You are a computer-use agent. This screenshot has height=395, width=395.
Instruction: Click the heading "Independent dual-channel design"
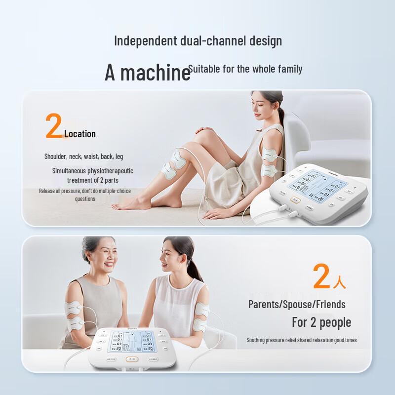point(198,40)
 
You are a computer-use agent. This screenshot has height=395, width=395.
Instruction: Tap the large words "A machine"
point(147,73)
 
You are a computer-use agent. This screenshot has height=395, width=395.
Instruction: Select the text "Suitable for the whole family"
point(245,69)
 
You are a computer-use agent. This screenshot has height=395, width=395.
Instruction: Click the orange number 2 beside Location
point(54,126)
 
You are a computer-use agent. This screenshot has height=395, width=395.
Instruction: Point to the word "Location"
point(80,134)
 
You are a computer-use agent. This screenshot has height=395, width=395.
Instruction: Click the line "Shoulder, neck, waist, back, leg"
point(84,157)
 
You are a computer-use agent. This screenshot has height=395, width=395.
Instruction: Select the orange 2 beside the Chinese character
point(321,276)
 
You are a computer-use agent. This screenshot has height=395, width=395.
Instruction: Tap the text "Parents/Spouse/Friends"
point(297,304)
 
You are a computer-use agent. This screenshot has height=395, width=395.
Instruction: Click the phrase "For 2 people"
point(321,322)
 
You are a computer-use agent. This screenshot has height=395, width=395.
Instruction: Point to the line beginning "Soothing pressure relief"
point(302,340)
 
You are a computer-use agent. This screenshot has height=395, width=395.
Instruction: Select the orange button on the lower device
point(131,360)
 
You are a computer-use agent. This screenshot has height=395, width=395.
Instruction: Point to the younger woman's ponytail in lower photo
point(194,269)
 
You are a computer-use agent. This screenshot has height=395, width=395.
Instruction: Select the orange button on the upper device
point(295,200)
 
